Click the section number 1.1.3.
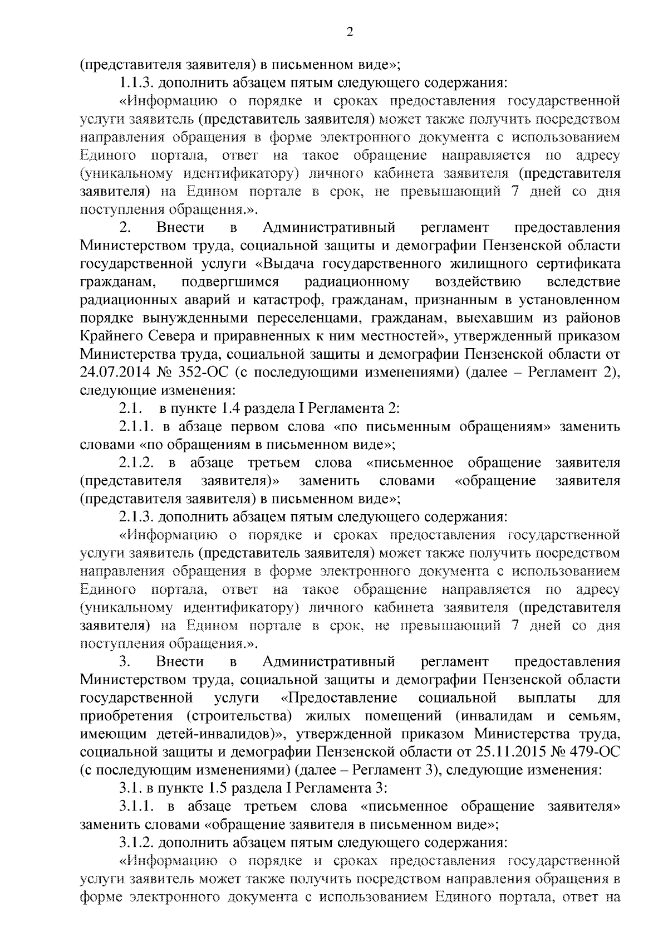click(x=136, y=83)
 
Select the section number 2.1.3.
click(x=136, y=518)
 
